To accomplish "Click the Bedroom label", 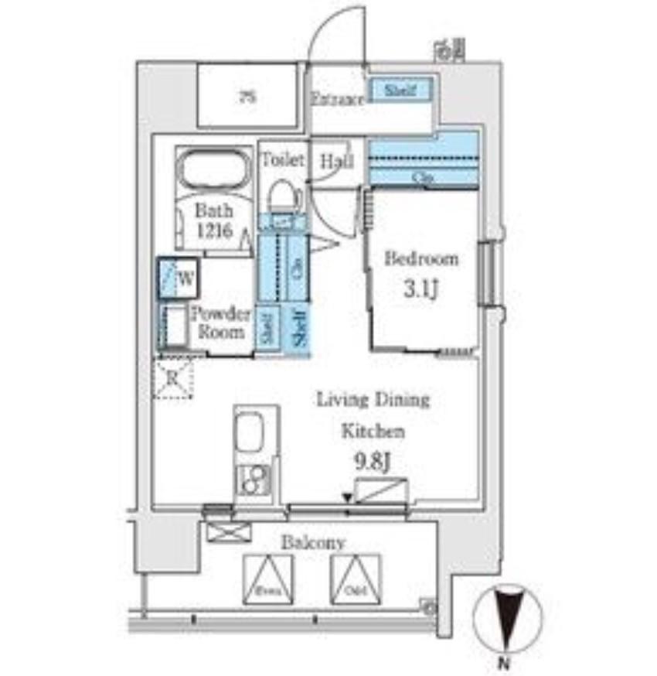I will (421, 258).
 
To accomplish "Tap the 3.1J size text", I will (421, 291).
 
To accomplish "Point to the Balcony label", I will (312, 543).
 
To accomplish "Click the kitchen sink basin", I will (250, 431).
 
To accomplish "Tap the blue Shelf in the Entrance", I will (399, 90).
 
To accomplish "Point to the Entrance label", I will (338, 99).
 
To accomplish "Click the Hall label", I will (337, 162).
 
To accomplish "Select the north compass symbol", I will (506, 619).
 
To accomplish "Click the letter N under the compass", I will (503, 663).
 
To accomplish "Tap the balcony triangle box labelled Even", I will (269, 579).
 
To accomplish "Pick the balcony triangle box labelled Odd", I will (356, 579).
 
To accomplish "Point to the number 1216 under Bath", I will (213, 230).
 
